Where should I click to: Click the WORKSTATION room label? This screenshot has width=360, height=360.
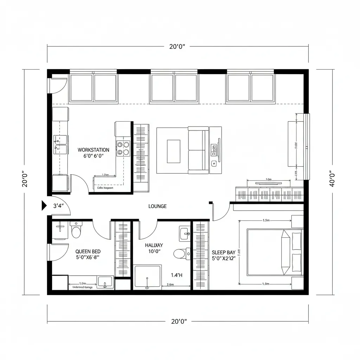(93, 150)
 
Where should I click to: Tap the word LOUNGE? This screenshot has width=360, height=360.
(157, 206)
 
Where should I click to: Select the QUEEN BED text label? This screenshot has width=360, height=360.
(88, 251)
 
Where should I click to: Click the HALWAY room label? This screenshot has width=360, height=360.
(154, 245)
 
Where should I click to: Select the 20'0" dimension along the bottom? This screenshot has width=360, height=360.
(179, 321)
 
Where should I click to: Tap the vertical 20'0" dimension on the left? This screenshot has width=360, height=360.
(25, 179)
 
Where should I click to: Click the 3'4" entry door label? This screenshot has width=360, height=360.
(58, 206)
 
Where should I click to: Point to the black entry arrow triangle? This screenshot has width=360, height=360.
(44, 205)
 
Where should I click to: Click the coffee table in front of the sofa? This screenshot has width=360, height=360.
(173, 151)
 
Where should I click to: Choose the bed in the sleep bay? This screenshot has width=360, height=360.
(274, 252)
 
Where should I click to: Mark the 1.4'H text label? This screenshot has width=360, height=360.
(176, 275)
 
